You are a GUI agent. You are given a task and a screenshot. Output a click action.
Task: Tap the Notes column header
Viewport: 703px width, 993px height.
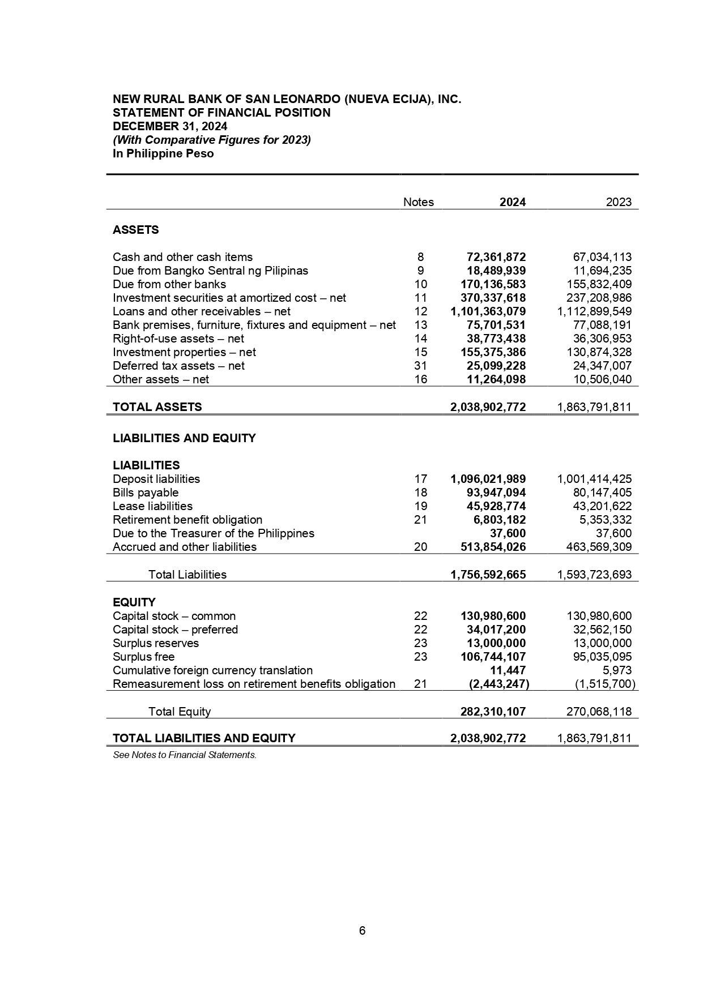418,202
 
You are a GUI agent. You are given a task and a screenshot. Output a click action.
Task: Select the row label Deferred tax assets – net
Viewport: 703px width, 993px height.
178,366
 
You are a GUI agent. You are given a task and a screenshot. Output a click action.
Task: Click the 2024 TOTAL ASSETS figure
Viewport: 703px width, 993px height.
488,407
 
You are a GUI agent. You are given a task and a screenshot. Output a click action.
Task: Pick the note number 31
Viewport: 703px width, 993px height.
420,366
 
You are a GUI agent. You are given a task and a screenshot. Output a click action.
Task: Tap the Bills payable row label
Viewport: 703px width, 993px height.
146,493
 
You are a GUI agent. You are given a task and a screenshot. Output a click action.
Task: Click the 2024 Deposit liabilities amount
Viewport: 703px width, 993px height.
488,479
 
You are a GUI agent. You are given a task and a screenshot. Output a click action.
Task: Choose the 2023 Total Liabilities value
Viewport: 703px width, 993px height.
594,575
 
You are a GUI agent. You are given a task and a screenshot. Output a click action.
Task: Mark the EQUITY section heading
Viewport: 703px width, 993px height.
134,602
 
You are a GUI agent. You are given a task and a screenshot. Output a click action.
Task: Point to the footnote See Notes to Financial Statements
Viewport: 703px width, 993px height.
185,755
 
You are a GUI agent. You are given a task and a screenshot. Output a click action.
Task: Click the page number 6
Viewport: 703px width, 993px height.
362,931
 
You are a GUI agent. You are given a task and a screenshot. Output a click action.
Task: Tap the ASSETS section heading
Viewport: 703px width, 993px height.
136,230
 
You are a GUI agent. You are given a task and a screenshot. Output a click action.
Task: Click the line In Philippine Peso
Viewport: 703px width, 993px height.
163,153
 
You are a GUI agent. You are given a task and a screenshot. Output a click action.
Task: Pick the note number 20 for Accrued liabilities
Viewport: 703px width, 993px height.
420,547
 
